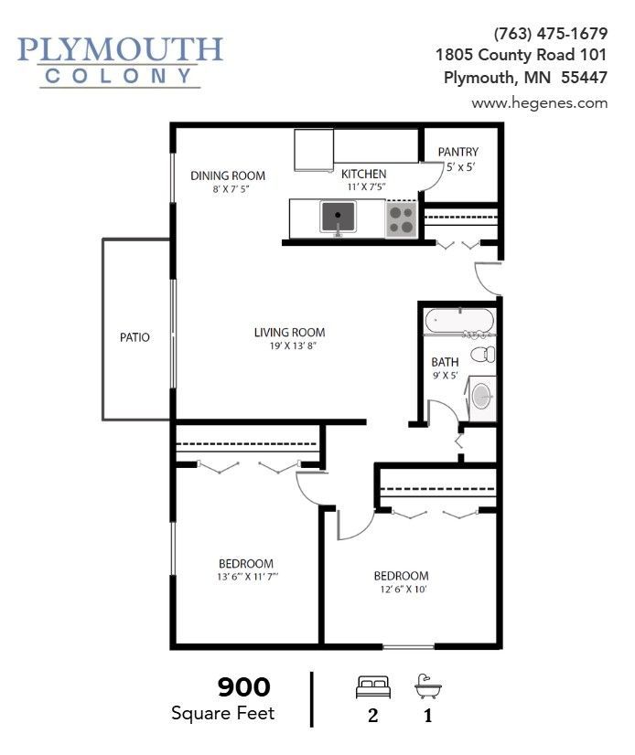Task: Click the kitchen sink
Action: click(x=338, y=217)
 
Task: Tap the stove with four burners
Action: click(x=401, y=219)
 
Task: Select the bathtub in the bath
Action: click(x=459, y=320)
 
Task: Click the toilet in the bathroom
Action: click(x=482, y=354)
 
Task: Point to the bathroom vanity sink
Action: click(x=482, y=396)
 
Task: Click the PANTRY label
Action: click(x=458, y=152)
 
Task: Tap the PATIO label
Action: click(x=135, y=337)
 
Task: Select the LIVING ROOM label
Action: click(x=289, y=332)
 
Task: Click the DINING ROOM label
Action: click(x=228, y=175)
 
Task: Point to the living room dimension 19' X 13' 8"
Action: click(x=293, y=346)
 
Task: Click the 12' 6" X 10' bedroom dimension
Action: click(x=404, y=590)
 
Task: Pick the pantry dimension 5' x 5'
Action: click(x=461, y=167)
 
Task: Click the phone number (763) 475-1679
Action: click(x=551, y=34)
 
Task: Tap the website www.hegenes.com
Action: click(x=540, y=103)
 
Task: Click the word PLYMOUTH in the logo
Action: click(x=120, y=49)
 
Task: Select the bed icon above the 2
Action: click(x=373, y=687)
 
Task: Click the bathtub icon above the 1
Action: click(x=427, y=686)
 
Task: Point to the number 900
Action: click(x=244, y=687)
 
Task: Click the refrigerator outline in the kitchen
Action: click(x=314, y=150)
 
